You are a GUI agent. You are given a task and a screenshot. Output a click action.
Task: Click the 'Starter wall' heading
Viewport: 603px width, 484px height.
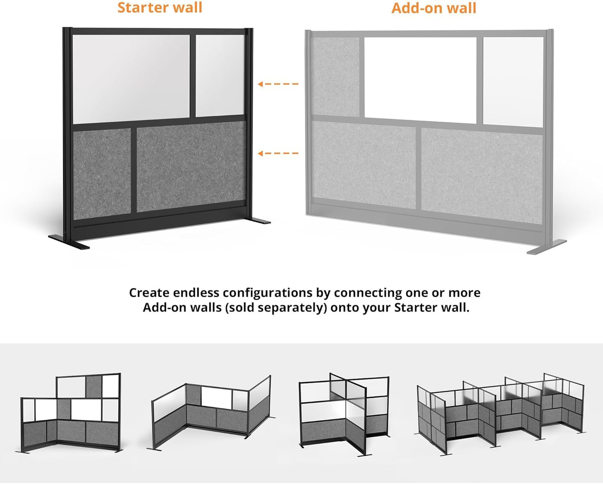pos(160,8)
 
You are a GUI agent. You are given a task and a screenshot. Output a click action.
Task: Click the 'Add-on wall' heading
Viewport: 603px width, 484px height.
pos(434,8)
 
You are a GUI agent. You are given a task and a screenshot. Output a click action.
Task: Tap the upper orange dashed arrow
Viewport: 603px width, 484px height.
pos(278,84)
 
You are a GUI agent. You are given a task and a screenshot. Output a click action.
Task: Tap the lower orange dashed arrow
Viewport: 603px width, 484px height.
pos(278,153)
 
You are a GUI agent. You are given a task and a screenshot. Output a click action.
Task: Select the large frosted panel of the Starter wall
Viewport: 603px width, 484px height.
pos(131,78)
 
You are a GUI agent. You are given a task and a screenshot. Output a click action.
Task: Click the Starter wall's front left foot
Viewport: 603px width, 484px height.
pos(69,243)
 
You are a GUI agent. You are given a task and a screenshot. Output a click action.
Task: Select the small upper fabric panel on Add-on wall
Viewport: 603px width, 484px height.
pos(336,77)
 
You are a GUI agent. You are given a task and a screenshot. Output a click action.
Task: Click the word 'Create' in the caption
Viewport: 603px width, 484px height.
pos(149,293)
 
